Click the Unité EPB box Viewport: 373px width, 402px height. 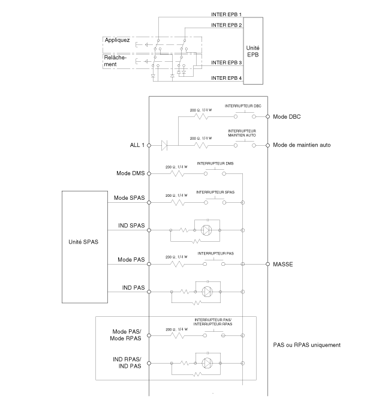pos(253,51)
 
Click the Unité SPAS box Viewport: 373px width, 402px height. pos(85,247)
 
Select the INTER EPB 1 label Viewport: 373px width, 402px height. pos(227,14)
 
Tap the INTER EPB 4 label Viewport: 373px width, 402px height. pos(227,78)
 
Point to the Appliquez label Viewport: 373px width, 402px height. pos(117,40)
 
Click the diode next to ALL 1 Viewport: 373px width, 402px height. pos(164,145)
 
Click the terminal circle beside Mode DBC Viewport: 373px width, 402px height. pos(267,116)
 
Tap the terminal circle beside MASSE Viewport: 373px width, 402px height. pos(267,264)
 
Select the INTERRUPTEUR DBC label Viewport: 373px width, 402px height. pos(243,106)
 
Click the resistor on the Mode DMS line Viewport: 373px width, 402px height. pos(177,173)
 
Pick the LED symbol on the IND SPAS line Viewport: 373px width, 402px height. pos(206,230)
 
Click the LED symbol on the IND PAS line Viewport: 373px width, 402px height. pos(207,292)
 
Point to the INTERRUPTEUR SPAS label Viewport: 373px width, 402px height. pos(215,192)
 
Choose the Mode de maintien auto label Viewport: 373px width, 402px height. pos(302,145)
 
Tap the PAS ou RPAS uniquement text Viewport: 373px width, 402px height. pos(307,345)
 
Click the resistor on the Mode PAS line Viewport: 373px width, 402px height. pos(177,264)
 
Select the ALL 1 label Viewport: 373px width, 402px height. pos(137,145)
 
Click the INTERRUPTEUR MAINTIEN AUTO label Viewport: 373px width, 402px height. pos(242,133)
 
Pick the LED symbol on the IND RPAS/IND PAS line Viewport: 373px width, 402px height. pos(207,363)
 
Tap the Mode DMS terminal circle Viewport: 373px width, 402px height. pos(149,173)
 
